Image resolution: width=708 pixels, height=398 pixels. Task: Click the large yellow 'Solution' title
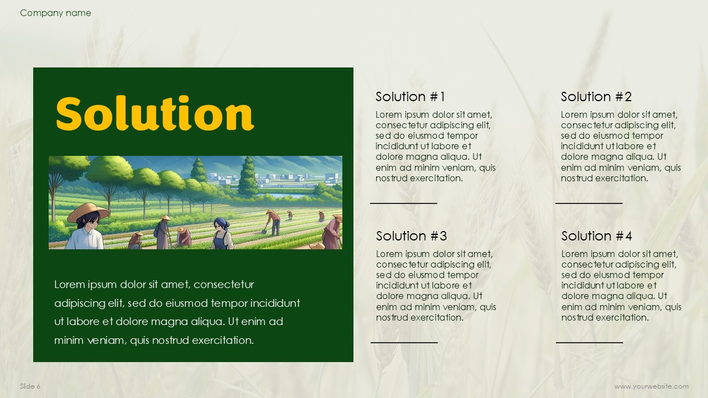point(155,113)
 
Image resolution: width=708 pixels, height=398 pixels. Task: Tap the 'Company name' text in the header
point(55,13)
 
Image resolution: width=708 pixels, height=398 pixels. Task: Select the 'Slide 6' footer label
point(30,386)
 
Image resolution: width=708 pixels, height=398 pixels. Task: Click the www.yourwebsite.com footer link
point(652,386)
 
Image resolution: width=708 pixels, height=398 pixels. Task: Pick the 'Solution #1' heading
point(410,97)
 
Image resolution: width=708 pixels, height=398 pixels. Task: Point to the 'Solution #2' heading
point(596,97)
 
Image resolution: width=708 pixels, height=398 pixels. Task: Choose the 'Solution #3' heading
point(411,236)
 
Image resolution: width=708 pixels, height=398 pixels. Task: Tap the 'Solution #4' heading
point(596,236)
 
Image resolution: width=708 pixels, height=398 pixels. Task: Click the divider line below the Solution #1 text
point(404,203)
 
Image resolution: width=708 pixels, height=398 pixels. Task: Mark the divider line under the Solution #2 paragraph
point(589,203)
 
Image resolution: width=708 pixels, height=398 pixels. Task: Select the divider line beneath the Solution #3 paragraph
point(404,342)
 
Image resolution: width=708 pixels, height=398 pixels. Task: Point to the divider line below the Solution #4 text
point(590,342)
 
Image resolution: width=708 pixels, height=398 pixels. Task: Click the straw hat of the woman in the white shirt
point(88,212)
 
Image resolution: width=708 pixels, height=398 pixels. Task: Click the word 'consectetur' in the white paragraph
point(224,284)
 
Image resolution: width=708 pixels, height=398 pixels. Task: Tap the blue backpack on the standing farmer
point(157,231)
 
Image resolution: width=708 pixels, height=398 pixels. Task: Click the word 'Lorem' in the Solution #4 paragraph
point(575,254)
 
